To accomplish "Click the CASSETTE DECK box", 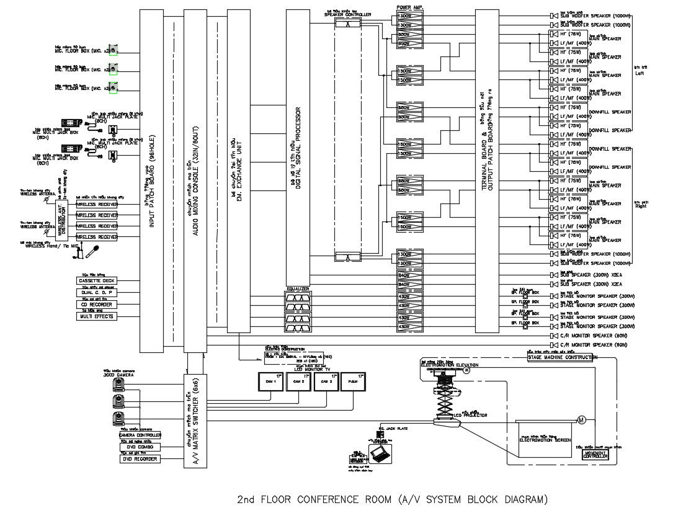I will (x=97, y=281).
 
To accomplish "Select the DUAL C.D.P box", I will (x=97, y=293).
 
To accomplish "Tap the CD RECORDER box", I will (x=97, y=305).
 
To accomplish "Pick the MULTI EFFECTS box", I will (x=97, y=316).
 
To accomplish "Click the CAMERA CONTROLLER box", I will (x=140, y=435).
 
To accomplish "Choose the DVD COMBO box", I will (x=140, y=447).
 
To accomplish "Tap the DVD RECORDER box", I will (x=140, y=459).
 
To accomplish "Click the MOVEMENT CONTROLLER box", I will (x=595, y=455).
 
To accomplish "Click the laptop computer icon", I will (x=379, y=454).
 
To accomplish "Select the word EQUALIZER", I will (x=298, y=289).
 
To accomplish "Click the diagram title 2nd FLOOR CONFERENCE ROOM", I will (x=393, y=499).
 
